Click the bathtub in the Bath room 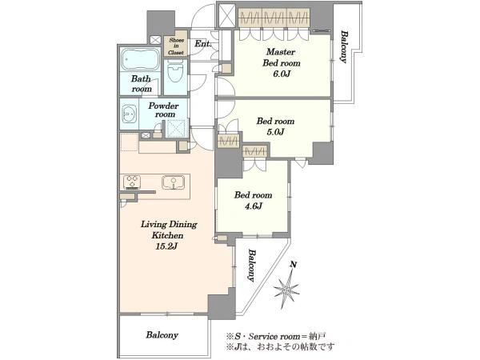coord(141,59)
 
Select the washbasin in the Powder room coord(129,114)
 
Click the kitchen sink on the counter coord(173,182)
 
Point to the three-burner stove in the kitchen coord(132,182)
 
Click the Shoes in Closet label coord(176,46)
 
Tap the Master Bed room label coord(282,58)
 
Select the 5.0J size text coord(275,132)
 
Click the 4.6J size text coord(253,206)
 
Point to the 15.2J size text coord(166,246)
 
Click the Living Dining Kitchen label coord(169,230)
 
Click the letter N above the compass coord(294,265)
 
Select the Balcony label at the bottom coord(162,335)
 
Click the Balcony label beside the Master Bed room coord(344,46)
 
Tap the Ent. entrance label coord(203,44)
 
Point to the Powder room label coord(163,110)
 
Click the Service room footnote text coord(275,337)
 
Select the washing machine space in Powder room coord(176,129)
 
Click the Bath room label coord(141,83)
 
